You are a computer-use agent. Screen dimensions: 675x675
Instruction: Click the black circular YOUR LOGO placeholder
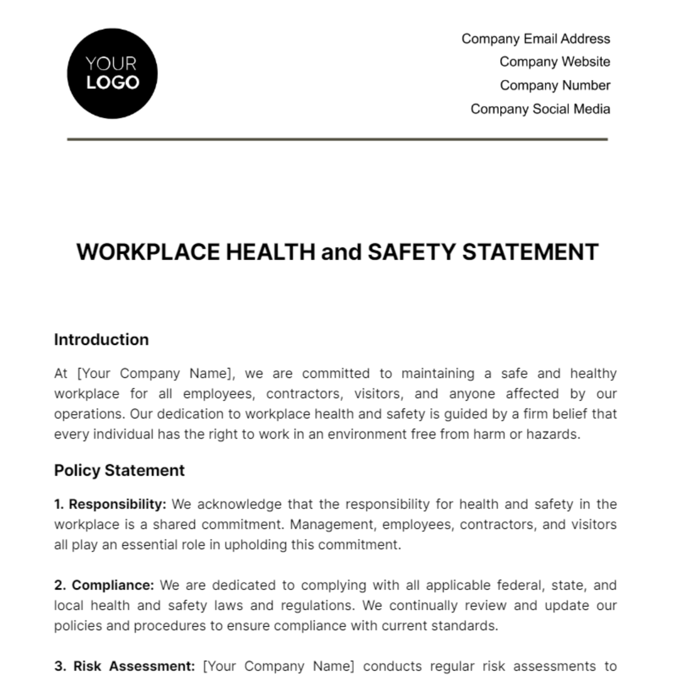tap(112, 74)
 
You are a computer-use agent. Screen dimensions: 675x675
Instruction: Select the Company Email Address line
tap(535, 39)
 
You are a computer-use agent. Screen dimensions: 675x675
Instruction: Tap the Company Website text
tap(555, 62)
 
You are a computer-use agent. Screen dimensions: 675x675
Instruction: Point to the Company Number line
tap(555, 85)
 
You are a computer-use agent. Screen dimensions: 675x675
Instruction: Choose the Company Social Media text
tap(540, 109)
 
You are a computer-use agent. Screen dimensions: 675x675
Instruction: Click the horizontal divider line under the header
tap(337, 139)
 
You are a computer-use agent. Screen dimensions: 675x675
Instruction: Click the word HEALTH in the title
tap(270, 252)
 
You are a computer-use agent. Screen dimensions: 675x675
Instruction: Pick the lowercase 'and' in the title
tap(341, 252)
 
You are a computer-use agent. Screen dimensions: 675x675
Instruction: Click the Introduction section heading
tap(101, 340)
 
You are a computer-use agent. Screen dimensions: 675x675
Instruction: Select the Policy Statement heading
tap(119, 470)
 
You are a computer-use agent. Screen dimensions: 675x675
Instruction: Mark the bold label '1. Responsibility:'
tap(110, 504)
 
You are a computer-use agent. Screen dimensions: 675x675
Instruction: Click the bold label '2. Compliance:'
tap(104, 585)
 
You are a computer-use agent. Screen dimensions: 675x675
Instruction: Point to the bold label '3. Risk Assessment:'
tap(125, 666)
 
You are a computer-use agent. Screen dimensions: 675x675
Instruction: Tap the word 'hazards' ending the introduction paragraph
tap(555, 434)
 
